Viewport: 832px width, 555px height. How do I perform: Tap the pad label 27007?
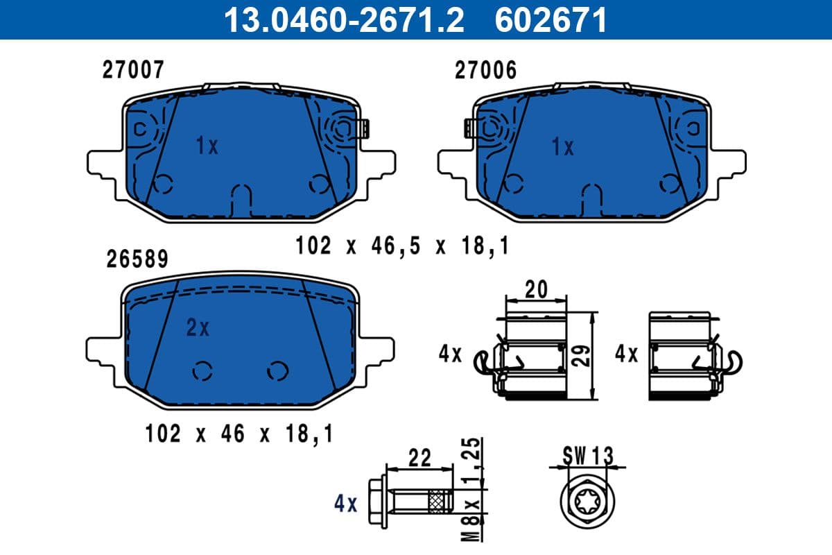(x=133, y=70)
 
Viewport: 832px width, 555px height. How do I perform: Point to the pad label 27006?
(x=485, y=70)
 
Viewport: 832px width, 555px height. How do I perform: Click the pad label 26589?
(x=137, y=259)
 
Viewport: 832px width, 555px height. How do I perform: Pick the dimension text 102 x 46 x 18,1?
(x=239, y=434)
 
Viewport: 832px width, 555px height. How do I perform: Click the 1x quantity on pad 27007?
(x=207, y=146)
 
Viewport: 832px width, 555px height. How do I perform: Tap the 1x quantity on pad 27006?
(x=562, y=147)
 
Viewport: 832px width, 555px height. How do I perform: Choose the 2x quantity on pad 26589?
(x=198, y=328)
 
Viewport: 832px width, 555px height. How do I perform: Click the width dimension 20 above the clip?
(x=536, y=289)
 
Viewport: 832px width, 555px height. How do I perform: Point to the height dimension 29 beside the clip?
(x=584, y=356)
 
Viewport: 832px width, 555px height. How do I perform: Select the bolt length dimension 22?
(x=420, y=458)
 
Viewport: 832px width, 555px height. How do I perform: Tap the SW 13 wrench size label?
(x=588, y=455)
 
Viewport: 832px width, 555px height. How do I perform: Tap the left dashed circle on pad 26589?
(x=202, y=372)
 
